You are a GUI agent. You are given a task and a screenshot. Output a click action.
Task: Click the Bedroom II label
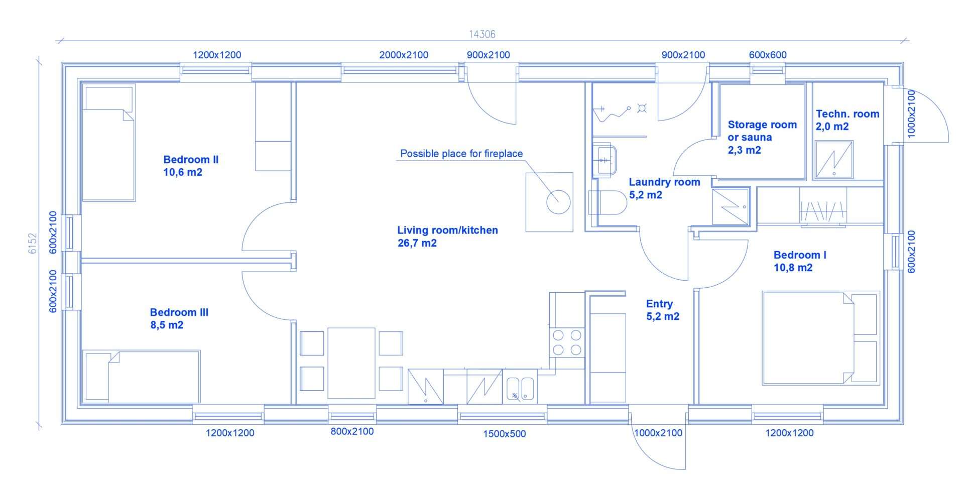191,160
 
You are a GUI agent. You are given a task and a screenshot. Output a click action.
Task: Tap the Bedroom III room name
179,312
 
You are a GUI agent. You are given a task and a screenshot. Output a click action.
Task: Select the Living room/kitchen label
447,230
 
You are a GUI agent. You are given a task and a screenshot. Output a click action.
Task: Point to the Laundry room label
664,182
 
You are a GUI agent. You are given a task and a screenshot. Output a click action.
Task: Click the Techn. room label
848,114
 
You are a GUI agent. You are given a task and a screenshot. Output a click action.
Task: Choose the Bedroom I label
800,255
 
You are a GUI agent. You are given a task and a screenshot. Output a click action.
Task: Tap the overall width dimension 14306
482,34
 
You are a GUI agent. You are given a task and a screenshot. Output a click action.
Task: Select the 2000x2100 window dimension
404,55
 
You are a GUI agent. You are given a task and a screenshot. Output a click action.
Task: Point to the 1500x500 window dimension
505,434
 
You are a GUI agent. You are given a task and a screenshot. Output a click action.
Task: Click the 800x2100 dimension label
352,431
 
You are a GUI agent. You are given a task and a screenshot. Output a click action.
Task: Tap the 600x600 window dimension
768,55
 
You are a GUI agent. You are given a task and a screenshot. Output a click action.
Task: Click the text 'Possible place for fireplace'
461,154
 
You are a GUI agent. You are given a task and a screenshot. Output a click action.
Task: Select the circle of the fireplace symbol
558,202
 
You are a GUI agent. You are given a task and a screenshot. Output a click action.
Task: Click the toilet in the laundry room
608,203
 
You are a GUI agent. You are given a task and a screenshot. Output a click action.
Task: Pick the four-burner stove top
567,342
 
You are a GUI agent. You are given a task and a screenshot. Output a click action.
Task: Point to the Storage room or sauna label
762,137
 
